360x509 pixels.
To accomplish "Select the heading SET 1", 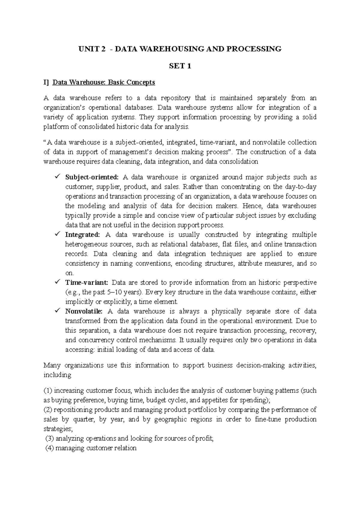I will coord(180,66).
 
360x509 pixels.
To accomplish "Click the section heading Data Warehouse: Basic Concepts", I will coord(103,82).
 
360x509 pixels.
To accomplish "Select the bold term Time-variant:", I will coord(86,283).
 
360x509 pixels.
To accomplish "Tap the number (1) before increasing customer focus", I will coord(48,391).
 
